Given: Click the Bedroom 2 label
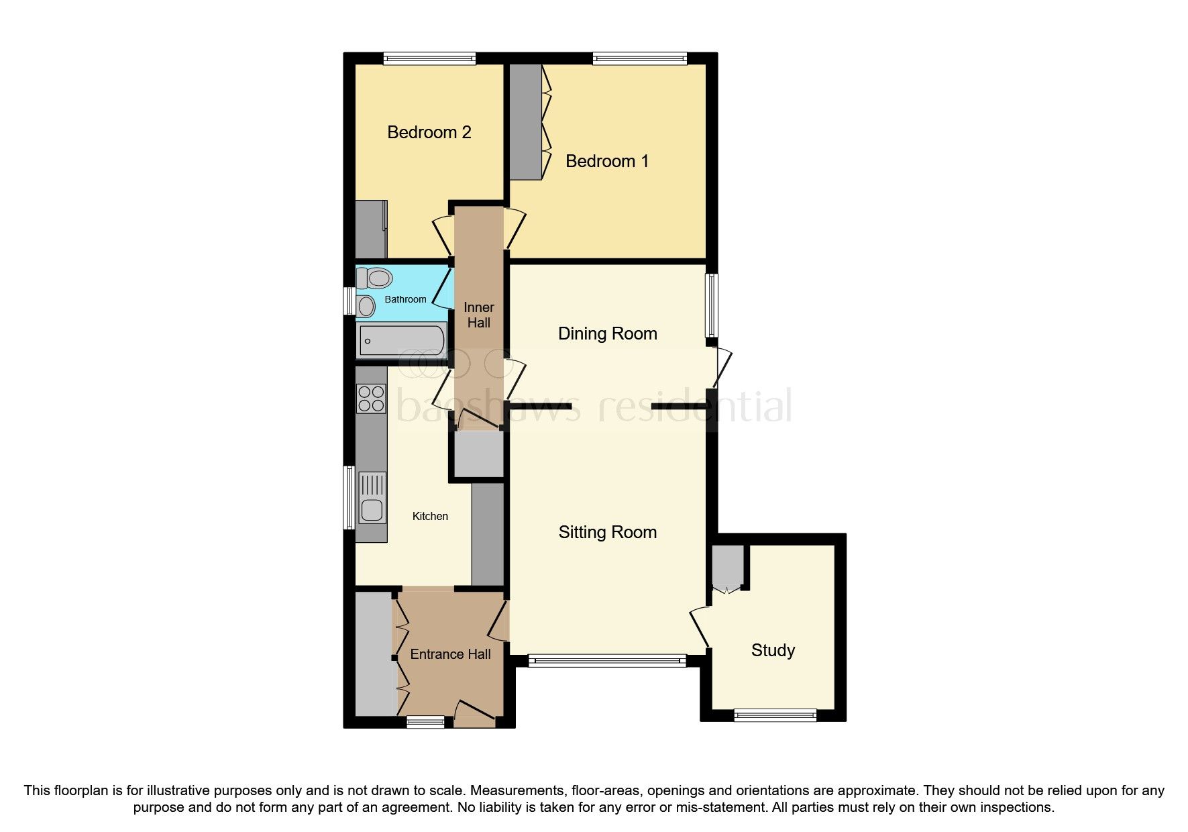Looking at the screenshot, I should coord(429,132).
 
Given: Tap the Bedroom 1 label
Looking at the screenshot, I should coord(607,161).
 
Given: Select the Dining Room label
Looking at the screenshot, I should coord(607,333).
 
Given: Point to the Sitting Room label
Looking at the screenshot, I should coord(607,532).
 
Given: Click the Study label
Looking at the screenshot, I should coord(773,650).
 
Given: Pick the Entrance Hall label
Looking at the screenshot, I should coord(450,654).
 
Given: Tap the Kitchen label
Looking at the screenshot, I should coord(430,516).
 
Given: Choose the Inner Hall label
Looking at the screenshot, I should coord(478,315).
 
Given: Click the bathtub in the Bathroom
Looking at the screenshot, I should coord(402,340).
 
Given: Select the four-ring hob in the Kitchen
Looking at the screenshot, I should coord(371,398).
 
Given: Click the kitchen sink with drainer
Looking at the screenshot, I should coord(372,498).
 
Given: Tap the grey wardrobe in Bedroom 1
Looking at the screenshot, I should coord(525,121).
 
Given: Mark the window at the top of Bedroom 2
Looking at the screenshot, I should coord(429,59).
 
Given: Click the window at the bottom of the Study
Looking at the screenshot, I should coord(775,715).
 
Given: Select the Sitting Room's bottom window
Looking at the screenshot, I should coord(607,662).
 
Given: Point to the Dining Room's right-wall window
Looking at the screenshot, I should coord(711,305).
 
